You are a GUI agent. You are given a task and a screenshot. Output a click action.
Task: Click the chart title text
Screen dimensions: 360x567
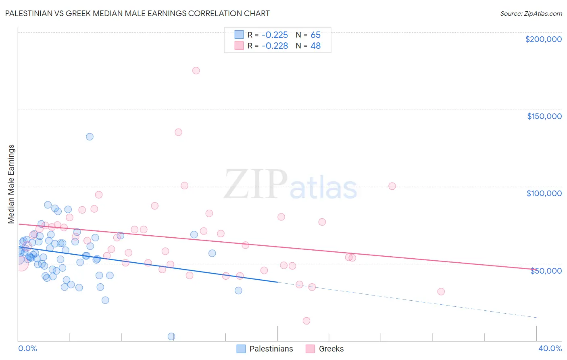point(138,13)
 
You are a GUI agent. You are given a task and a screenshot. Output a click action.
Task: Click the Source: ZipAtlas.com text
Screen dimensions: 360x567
point(531,13)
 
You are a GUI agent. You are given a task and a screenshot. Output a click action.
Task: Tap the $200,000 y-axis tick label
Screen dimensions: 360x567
point(543,39)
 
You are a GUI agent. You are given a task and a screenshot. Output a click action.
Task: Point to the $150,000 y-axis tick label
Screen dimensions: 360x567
point(544,116)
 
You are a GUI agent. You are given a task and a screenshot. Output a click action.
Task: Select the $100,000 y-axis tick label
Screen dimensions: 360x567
point(544,193)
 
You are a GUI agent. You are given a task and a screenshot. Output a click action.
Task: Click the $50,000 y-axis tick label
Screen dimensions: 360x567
point(546,271)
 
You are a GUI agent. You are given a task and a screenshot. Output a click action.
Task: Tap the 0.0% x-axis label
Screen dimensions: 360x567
point(27,348)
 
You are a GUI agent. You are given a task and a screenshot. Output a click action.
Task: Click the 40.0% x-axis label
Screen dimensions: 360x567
point(550,348)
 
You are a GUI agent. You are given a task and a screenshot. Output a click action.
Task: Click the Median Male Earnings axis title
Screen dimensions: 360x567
point(11,184)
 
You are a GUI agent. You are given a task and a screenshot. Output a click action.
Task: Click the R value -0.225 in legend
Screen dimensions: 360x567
point(275,35)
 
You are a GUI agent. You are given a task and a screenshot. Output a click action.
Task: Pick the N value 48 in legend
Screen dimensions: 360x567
point(315,46)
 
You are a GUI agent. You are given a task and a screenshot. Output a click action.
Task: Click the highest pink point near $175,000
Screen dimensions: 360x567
point(196,71)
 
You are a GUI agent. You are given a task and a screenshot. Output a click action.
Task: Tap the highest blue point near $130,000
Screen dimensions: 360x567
point(90,137)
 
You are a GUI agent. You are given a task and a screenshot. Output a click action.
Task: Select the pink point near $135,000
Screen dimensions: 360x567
point(178,132)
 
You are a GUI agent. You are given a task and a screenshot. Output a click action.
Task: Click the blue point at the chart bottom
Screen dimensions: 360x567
point(171,336)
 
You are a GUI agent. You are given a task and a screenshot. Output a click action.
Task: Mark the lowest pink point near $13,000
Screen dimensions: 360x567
point(306,321)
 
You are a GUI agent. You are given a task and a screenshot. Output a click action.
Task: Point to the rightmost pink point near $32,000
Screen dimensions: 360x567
point(441,291)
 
